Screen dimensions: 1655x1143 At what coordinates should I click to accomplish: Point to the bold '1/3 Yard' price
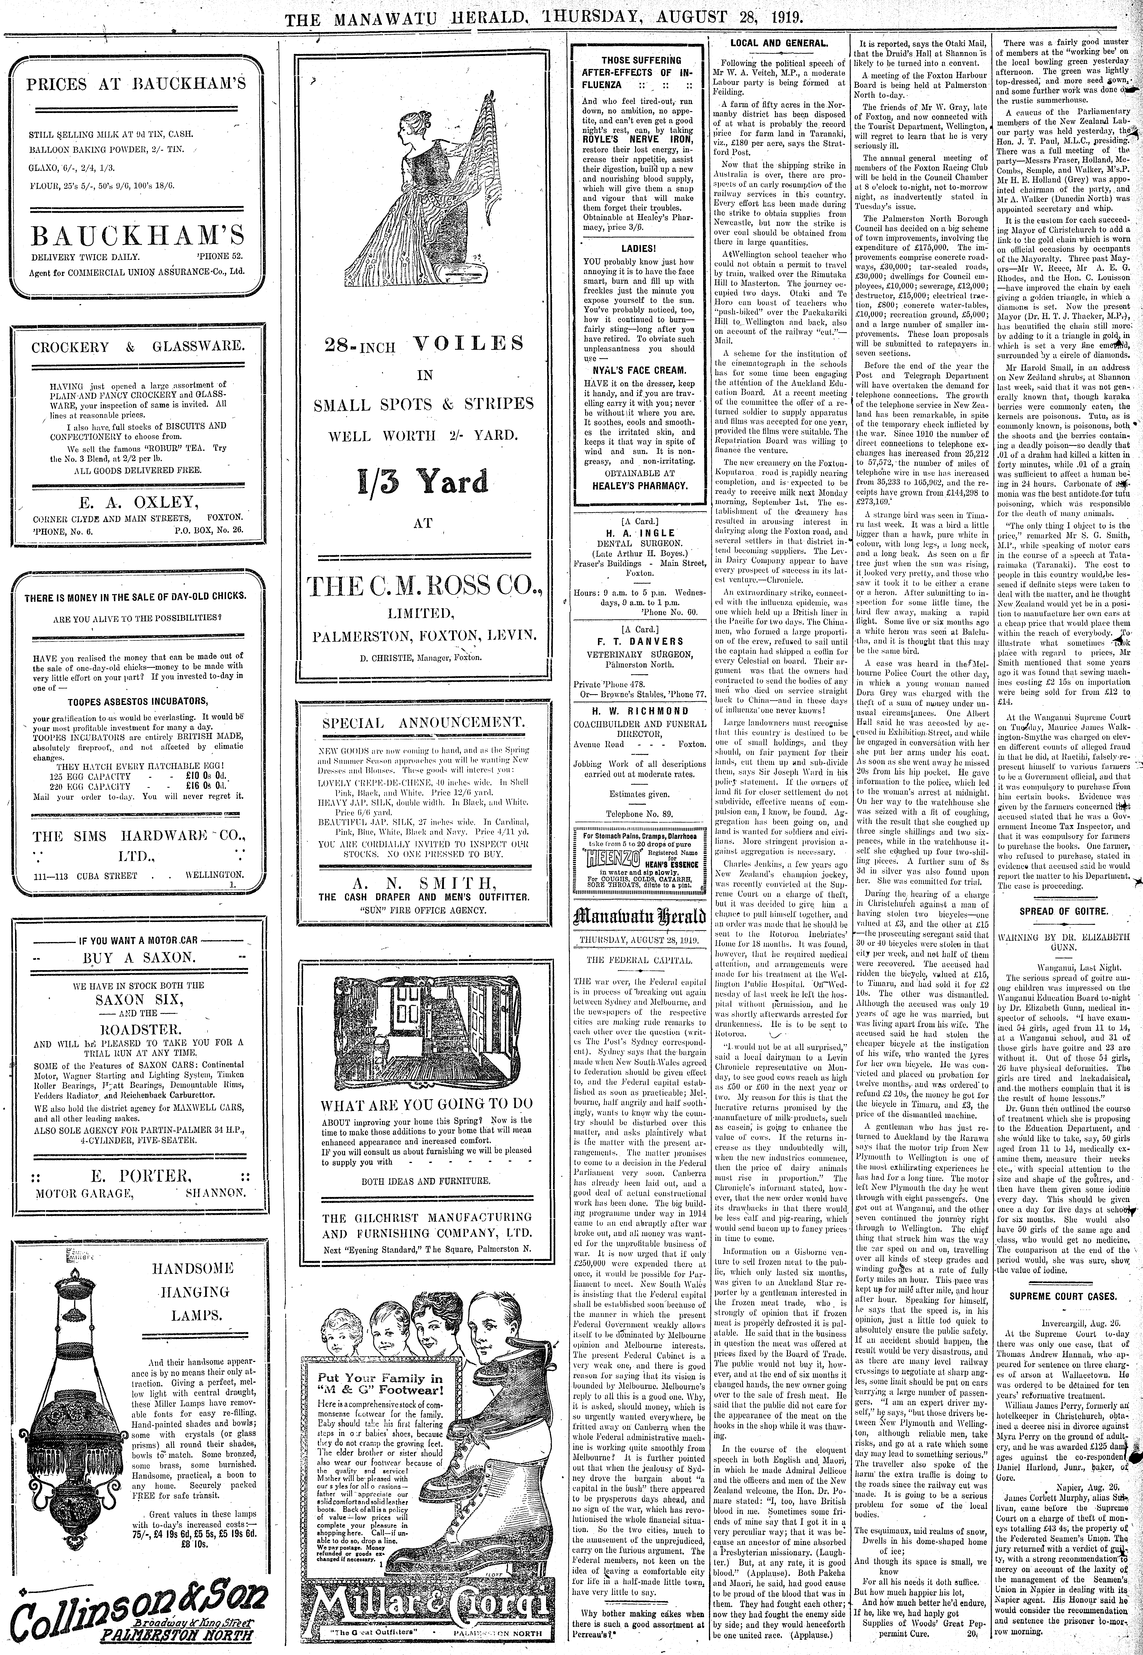(423, 482)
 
